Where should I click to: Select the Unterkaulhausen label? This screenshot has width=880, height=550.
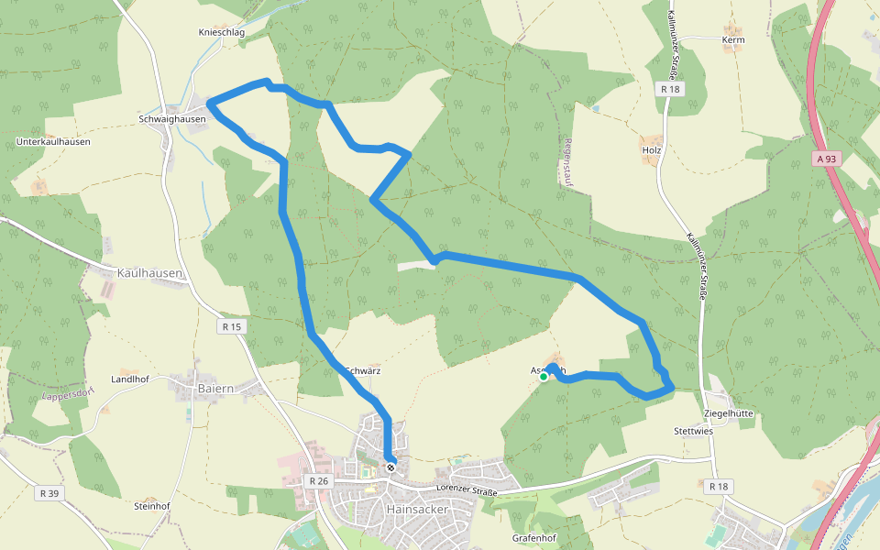point(53,142)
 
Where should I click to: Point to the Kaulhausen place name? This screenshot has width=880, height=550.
point(150,273)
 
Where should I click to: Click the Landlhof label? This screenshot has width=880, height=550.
point(129,379)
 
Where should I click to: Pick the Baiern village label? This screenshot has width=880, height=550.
point(215,389)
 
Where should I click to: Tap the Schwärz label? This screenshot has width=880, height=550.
point(363,371)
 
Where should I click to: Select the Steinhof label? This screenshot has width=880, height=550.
point(152,506)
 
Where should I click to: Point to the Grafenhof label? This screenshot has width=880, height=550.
point(534,538)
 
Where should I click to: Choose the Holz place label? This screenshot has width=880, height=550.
point(652,149)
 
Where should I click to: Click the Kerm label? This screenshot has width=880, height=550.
point(733,40)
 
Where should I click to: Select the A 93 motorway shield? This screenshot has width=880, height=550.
point(826,159)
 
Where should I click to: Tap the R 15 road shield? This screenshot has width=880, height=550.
point(232,326)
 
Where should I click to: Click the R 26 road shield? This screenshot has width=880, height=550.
point(318,480)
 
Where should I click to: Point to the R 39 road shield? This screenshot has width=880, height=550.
point(49,493)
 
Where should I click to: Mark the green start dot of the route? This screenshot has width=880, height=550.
point(544,377)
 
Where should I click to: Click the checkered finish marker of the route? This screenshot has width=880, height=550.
point(390,467)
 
